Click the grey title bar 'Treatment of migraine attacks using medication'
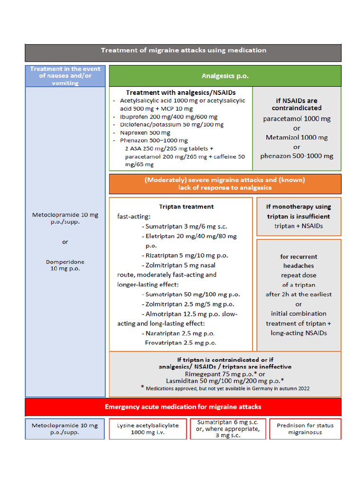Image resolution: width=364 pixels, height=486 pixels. pyautogui.click(x=183, y=51)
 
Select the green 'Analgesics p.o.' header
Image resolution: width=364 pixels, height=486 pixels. pyautogui.click(x=225, y=76)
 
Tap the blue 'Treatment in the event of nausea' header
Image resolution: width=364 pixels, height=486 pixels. pyautogui.click(x=65, y=76)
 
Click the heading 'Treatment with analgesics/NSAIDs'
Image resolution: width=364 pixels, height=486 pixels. pyautogui.click(x=181, y=93)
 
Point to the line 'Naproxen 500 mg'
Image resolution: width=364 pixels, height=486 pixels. pyautogui.click(x=145, y=132)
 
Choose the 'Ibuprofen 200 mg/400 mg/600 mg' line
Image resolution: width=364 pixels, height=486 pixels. pyautogui.click(x=169, y=117)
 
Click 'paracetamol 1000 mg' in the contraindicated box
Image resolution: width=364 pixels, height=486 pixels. pyautogui.click(x=296, y=119)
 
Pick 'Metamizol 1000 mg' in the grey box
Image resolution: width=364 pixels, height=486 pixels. pyautogui.click(x=296, y=138)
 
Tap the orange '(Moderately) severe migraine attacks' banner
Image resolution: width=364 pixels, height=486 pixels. pyautogui.click(x=225, y=184)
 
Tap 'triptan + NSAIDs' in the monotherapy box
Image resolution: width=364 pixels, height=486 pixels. pyautogui.click(x=299, y=226)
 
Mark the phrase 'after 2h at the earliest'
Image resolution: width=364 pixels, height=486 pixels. pyautogui.click(x=299, y=294)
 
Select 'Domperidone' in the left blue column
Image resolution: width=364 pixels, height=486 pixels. pyautogui.click(x=65, y=262)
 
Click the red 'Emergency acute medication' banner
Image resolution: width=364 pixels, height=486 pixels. pyautogui.click(x=183, y=407)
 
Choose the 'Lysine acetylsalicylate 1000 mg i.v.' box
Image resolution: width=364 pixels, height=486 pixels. pyautogui.click(x=147, y=429)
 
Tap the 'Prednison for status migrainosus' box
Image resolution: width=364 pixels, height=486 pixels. pyautogui.click(x=305, y=429)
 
